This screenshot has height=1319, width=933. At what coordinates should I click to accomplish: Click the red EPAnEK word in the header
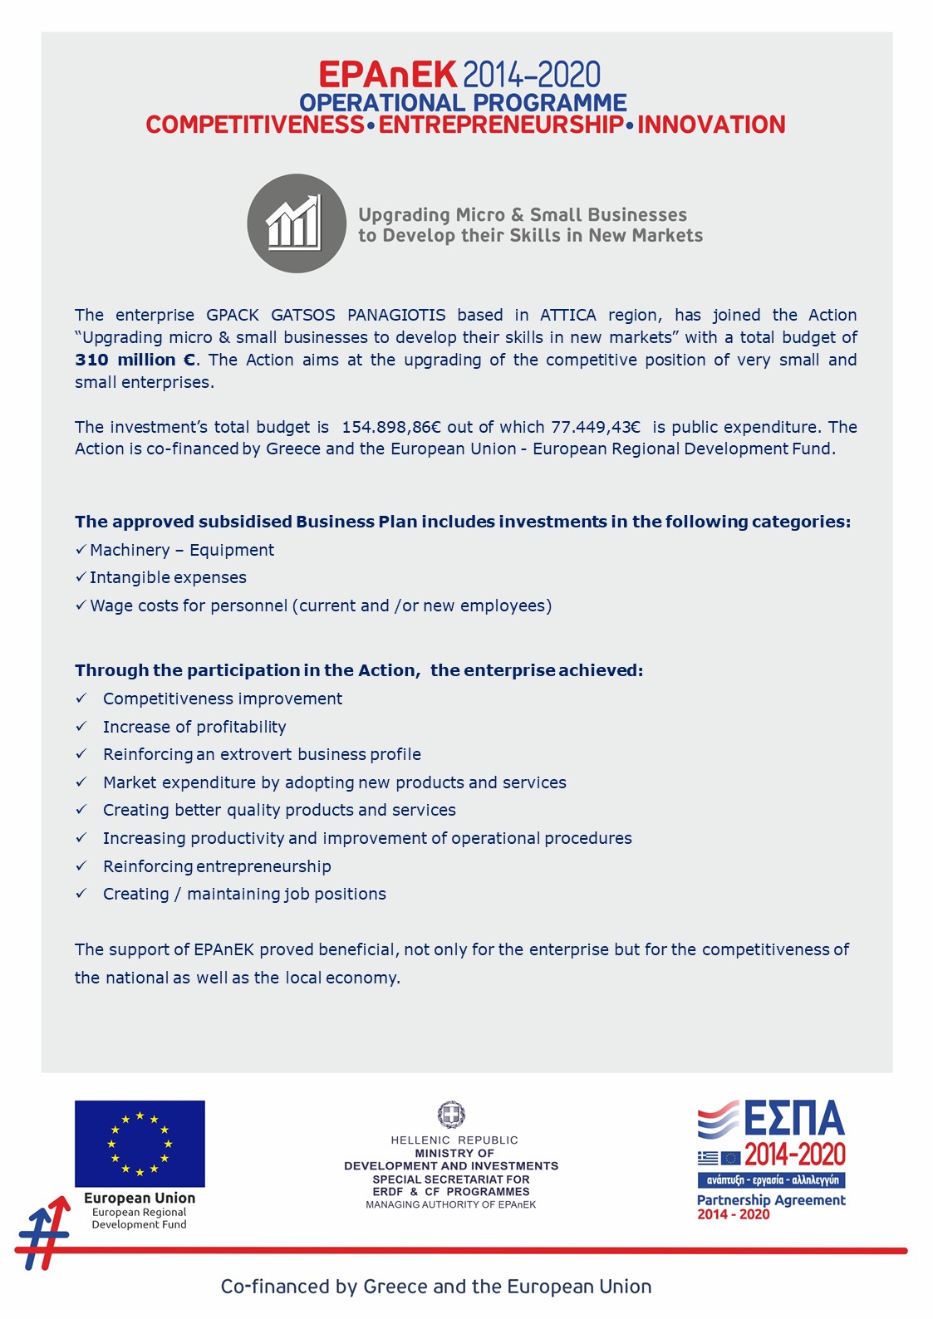(387, 76)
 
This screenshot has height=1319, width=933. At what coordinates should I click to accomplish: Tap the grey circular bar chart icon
(297, 223)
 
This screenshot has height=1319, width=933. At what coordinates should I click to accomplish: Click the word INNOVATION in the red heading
(711, 125)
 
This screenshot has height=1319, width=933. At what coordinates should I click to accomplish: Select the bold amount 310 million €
(135, 360)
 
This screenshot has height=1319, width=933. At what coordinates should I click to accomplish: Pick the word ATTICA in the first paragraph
(568, 316)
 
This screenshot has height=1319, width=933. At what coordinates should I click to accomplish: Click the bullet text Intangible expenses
(168, 578)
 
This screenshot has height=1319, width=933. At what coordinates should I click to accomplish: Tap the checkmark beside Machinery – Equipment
(81, 550)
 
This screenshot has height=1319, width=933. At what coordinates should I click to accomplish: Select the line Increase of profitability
(194, 728)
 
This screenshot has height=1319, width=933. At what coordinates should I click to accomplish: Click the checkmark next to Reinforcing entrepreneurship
(81, 866)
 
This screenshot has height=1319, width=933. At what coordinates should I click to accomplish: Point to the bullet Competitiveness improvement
(222, 699)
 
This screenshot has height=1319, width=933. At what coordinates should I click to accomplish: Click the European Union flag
(140, 1144)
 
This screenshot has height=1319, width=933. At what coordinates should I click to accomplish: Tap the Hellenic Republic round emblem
(451, 1115)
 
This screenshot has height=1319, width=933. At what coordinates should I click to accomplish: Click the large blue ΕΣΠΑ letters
(794, 1119)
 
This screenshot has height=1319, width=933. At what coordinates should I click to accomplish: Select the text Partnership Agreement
(771, 1200)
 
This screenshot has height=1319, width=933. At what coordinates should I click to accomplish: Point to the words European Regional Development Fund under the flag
(140, 1218)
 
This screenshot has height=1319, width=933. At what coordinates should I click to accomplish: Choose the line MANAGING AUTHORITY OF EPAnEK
(451, 1205)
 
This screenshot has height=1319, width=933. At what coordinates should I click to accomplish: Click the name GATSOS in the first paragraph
(303, 316)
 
